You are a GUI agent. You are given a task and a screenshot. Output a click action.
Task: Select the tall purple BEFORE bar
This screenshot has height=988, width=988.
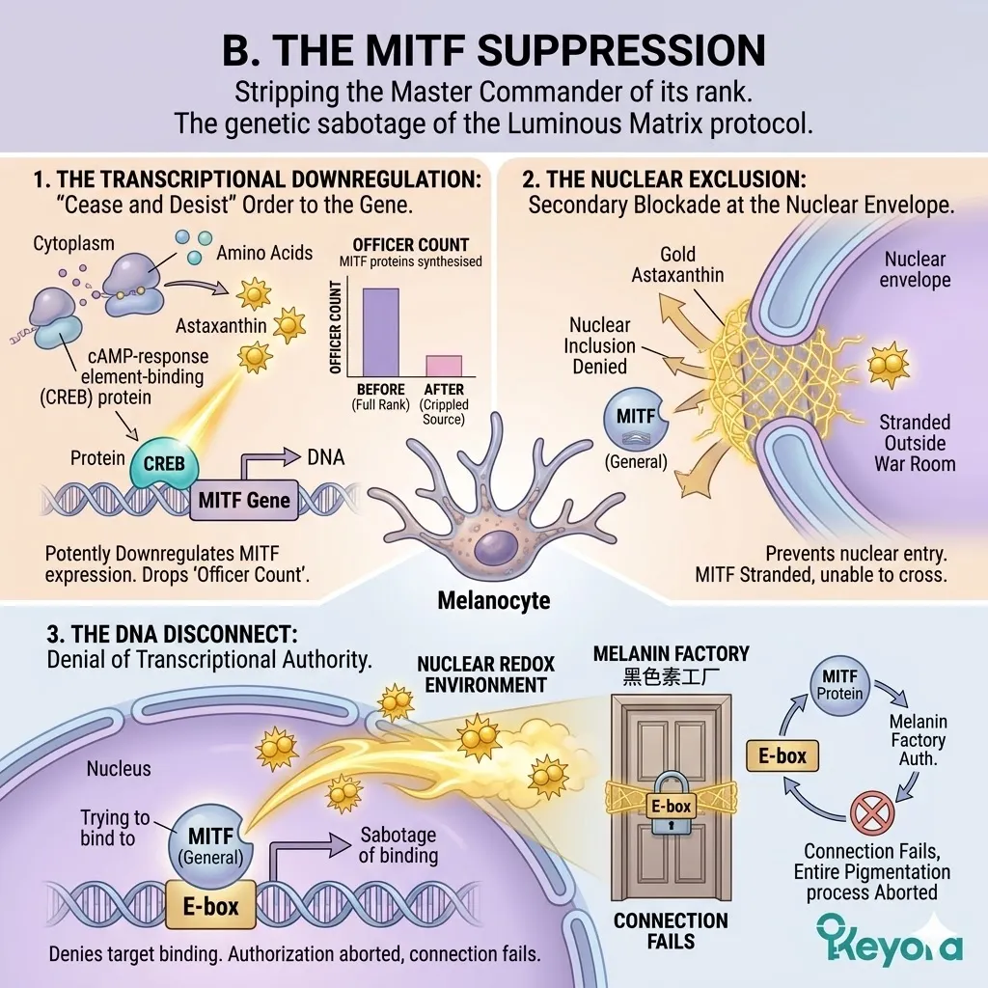click(379, 331)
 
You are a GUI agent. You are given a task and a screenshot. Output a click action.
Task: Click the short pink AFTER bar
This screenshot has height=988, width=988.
click(444, 365)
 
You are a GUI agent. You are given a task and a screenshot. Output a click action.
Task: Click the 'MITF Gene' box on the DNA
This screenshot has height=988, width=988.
click(243, 501)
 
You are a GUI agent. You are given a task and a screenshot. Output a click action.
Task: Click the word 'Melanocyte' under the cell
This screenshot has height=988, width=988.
click(493, 600)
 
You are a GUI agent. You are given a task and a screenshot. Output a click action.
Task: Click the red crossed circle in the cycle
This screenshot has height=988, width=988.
click(871, 812)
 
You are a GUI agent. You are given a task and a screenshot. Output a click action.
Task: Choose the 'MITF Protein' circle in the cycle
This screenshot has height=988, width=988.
click(837, 684)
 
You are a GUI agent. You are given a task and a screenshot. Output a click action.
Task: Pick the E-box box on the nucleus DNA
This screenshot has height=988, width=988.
click(211, 907)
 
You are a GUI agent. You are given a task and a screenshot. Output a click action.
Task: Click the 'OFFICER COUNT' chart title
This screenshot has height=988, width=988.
click(411, 244)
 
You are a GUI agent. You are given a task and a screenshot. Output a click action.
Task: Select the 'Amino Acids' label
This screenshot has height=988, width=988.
click(264, 253)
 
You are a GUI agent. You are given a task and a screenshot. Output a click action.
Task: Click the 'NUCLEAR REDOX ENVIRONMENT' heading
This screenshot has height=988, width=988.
click(481, 675)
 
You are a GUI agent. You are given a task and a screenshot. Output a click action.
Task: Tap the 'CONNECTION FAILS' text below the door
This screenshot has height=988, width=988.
click(671, 931)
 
